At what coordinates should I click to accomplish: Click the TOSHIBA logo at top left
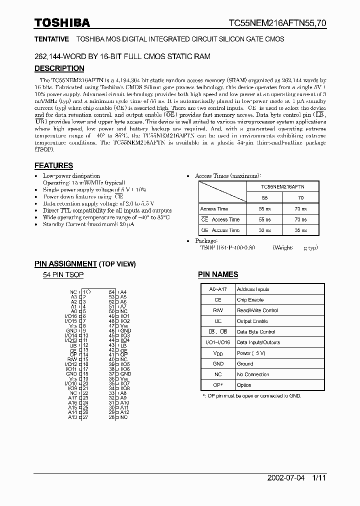point(62,22)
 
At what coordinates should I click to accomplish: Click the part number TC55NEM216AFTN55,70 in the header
point(277,23)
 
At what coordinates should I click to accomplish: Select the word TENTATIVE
point(51,39)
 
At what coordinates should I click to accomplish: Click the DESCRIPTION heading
point(59,68)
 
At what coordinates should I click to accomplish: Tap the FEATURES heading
point(53,165)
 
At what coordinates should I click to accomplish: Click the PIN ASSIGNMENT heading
point(65,264)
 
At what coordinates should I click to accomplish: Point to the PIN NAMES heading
point(218,274)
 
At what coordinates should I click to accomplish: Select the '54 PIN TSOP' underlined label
point(63,275)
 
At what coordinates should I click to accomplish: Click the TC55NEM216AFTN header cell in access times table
point(282,186)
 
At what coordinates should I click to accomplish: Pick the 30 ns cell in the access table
point(265,230)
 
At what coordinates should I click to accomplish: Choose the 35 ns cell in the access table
point(300,230)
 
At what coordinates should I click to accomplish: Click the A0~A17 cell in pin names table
point(217,289)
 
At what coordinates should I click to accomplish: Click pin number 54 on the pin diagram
point(112,292)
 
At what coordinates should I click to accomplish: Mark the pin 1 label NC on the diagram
point(73,292)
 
